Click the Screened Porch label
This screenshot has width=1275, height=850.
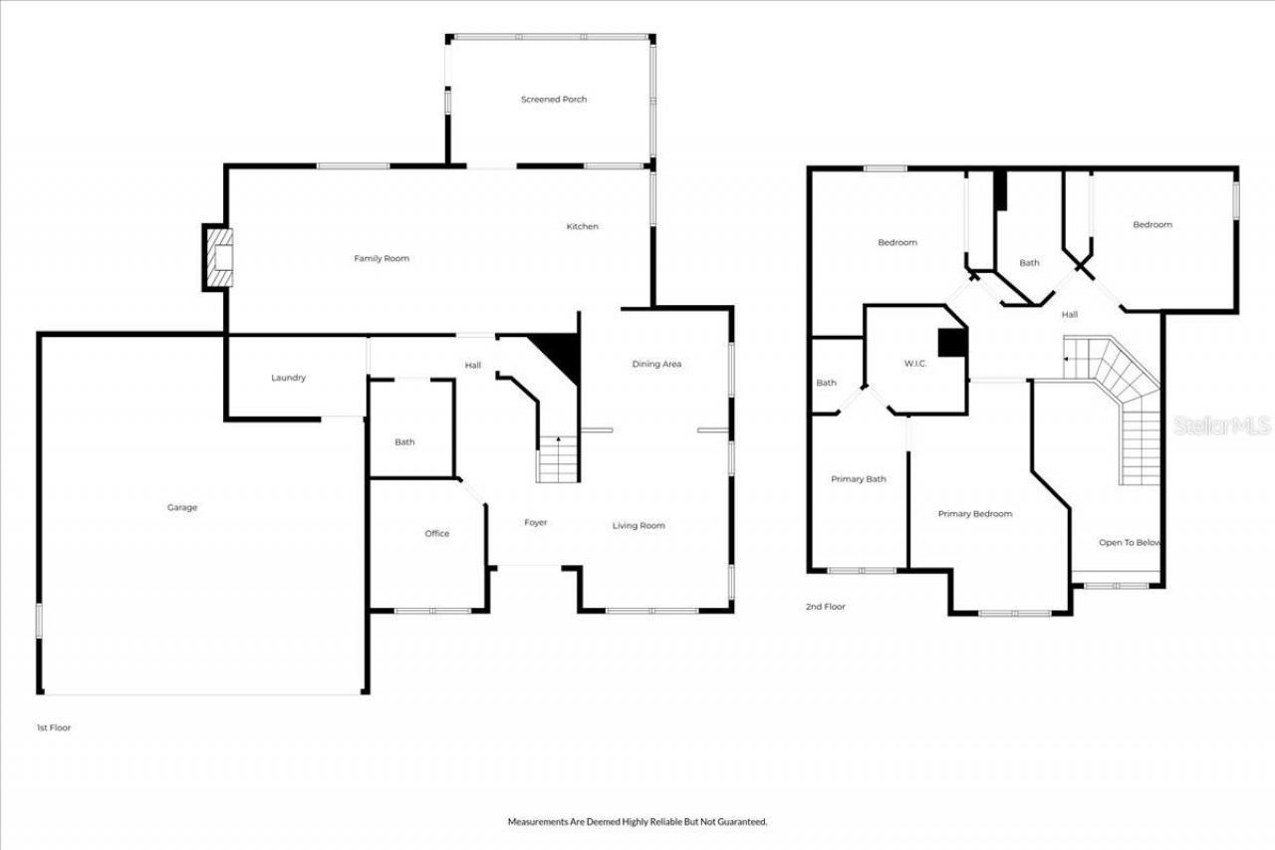(x=553, y=99)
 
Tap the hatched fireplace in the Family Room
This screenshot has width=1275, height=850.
(x=219, y=257)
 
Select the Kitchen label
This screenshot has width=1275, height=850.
(x=582, y=226)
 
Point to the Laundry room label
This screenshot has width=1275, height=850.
(x=288, y=378)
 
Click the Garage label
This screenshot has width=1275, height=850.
(x=182, y=507)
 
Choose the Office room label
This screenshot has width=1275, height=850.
(x=436, y=533)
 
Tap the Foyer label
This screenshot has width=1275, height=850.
(x=536, y=522)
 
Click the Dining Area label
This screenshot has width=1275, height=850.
(x=656, y=364)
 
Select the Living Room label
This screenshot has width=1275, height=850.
(x=638, y=525)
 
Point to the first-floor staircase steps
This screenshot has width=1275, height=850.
(x=558, y=458)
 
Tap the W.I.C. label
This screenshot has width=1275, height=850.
(x=914, y=364)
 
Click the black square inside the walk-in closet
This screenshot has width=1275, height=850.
(x=951, y=343)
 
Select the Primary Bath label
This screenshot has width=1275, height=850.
(x=858, y=479)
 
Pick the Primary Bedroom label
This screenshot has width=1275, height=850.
(x=974, y=513)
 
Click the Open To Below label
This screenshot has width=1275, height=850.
(x=1130, y=542)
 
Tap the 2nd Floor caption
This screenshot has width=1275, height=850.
(x=825, y=607)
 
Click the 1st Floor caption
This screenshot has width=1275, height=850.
(x=54, y=727)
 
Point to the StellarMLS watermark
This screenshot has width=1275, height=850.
(x=1222, y=425)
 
